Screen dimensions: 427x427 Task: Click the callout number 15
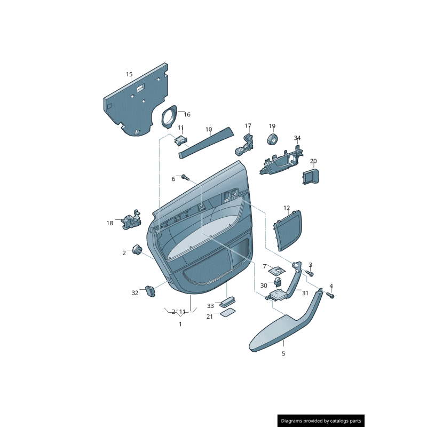click(x=129, y=74)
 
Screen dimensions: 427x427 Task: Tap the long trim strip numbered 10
click(x=206, y=143)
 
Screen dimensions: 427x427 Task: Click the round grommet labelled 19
click(x=272, y=139)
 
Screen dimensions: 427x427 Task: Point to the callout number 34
click(x=297, y=138)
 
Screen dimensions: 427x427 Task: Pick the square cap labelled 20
click(x=311, y=176)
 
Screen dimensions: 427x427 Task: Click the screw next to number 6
click(x=185, y=177)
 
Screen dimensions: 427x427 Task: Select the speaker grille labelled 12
click(x=288, y=231)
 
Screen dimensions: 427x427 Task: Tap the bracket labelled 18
click(x=131, y=219)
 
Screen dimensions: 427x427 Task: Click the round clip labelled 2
click(x=137, y=250)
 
